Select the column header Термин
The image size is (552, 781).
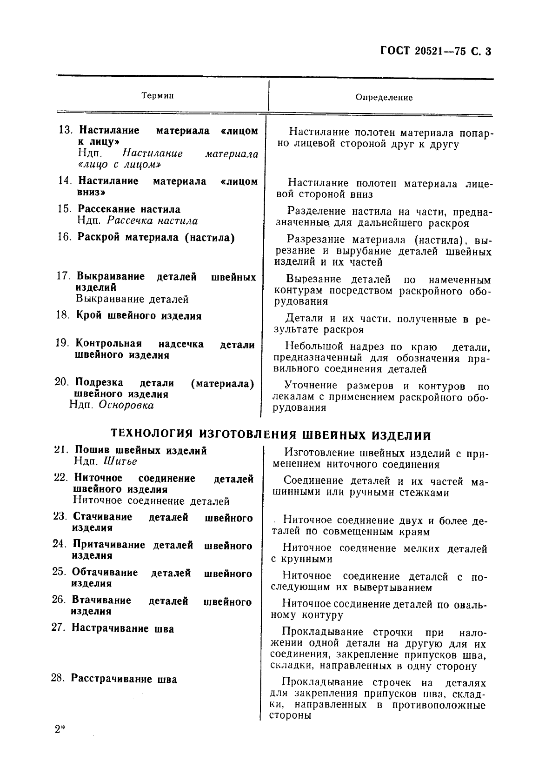[x=158, y=96]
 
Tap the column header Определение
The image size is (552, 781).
[x=384, y=98]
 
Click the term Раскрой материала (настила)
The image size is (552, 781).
[x=156, y=238]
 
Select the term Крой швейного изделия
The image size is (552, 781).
[x=139, y=316]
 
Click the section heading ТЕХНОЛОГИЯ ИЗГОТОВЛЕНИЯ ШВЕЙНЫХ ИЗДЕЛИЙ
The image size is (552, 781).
[x=271, y=435]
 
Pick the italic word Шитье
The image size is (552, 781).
[x=120, y=461]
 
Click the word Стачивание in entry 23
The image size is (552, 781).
[x=102, y=517]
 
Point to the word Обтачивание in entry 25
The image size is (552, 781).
[x=105, y=573]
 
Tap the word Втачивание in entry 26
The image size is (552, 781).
[x=101, y=601]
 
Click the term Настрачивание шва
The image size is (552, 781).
[x=122, y=629]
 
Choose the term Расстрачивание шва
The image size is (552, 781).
[x=124, y=680]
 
